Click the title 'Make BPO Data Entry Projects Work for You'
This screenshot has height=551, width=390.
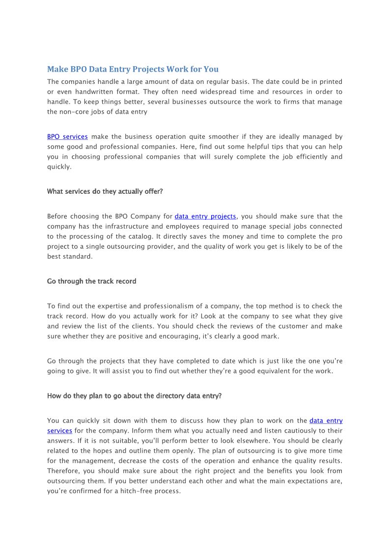point(133,69)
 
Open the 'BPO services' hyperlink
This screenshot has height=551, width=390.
point(67,137)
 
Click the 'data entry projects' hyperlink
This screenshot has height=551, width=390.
point(205,216)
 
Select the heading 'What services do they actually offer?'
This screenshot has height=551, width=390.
point(105,191)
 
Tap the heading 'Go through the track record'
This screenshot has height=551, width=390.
point(91,281)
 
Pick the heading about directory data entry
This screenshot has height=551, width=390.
point(134,395)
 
